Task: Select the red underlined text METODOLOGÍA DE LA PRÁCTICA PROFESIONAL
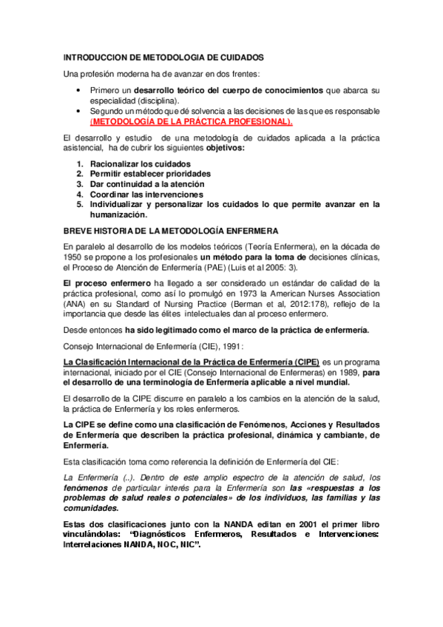tap(191, 121)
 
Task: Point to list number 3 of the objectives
tap(79, 183)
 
